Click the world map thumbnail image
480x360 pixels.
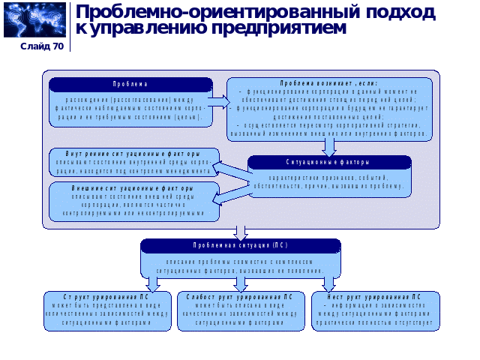34,20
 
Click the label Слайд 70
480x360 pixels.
42,46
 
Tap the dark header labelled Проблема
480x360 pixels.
130,84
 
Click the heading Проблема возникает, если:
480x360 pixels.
329,82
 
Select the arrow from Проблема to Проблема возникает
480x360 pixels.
218,99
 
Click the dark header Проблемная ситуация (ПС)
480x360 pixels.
240,245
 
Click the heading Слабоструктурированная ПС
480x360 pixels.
240,296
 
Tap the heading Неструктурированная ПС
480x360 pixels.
376,296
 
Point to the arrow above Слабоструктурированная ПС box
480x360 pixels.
241,283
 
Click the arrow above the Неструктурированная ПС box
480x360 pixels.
328,283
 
